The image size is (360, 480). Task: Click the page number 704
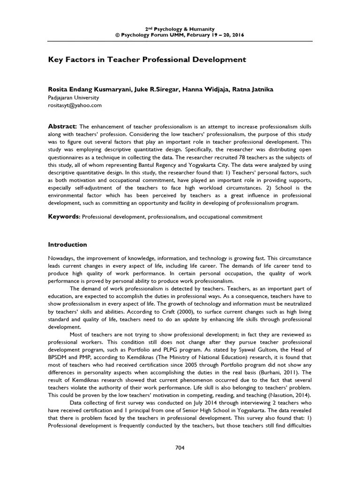(180, 447)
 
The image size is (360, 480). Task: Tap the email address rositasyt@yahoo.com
(75, 105)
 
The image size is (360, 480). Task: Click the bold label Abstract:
(63, 127)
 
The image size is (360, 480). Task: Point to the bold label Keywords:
(65, 217)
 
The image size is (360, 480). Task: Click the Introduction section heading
(68, 244)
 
